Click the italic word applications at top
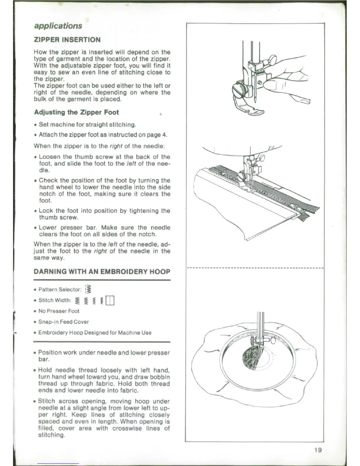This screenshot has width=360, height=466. pos(58,26)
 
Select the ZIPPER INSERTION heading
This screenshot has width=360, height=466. pos(67,40)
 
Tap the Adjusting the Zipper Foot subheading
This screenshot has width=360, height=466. pos(76,112)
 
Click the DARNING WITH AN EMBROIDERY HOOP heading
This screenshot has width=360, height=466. pos(102,271)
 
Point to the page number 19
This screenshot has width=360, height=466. pos(318,450)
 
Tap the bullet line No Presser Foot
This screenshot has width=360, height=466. pos(59,311)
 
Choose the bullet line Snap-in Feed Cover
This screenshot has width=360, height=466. pos(64,322)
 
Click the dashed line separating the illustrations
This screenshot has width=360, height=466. pos(255,268)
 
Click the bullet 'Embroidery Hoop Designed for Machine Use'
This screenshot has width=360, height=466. pos(95,333)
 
